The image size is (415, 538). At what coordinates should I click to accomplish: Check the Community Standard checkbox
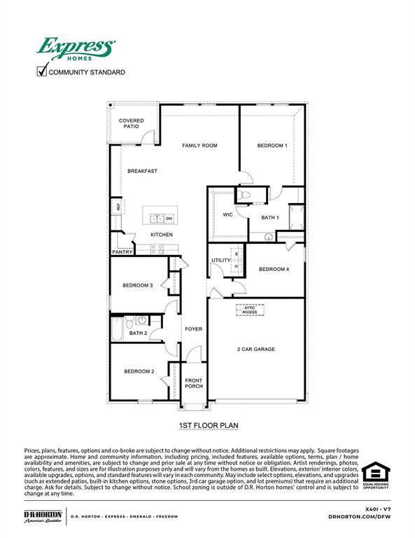point(41,70)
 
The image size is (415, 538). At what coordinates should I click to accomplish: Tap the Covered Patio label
point(131,123)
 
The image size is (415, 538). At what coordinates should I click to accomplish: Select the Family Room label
point(199,146)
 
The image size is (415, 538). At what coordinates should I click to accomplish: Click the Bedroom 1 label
point(272,146)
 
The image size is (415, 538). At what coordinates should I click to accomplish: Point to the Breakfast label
point(142,171)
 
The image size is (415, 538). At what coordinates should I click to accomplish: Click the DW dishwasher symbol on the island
point(169,219)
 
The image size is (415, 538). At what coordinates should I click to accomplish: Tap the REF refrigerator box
point(118,207)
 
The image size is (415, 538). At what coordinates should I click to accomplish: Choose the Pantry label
point(122,252)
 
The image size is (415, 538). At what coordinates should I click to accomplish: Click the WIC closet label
point(227,214)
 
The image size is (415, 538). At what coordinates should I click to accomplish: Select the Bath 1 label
point(270,218)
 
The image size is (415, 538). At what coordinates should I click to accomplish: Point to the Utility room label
point(221,261)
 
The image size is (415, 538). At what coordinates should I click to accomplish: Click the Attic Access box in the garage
point(250,309)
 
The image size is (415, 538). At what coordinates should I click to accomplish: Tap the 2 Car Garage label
point(255,349)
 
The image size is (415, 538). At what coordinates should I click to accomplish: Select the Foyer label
point(193,329)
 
